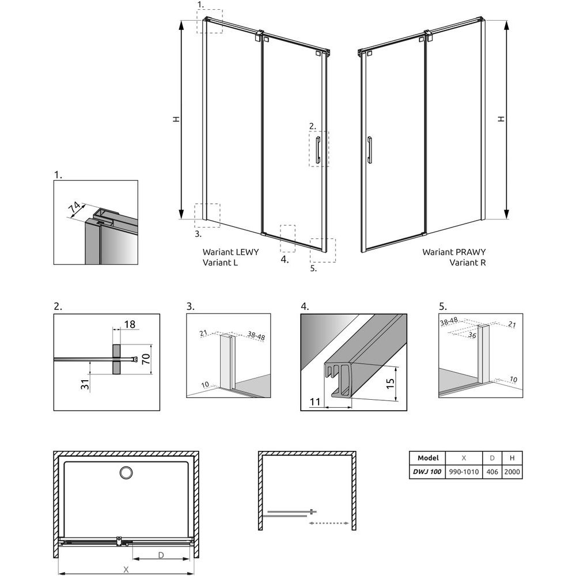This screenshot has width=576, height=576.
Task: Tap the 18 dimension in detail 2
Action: click(130, 324)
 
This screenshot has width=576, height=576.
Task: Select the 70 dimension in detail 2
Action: click(146, 358)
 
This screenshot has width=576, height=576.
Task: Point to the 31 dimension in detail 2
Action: click(85, 384)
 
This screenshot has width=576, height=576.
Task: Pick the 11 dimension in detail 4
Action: click(315, 402)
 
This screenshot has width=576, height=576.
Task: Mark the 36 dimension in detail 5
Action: click(472, 335)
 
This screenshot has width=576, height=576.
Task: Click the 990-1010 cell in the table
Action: click(464, 472)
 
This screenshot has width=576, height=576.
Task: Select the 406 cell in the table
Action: click(492, 472)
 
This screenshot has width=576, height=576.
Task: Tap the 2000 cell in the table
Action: click(512, 472)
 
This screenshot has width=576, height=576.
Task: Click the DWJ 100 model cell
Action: click(427, 472)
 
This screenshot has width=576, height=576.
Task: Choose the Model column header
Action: click(428, 458)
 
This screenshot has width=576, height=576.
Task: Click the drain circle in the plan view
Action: click(126, 472)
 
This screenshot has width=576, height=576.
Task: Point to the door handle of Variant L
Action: click(318, 150)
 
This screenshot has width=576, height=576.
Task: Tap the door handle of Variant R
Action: click(370, 150)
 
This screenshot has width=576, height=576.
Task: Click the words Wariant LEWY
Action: click(231, 252)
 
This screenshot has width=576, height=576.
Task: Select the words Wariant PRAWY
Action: click(454, 252)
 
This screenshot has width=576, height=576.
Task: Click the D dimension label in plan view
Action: click(161, 555)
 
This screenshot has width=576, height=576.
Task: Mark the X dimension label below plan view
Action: click(126, 570)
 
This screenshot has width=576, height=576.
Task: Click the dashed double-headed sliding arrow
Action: click(329, 523)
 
